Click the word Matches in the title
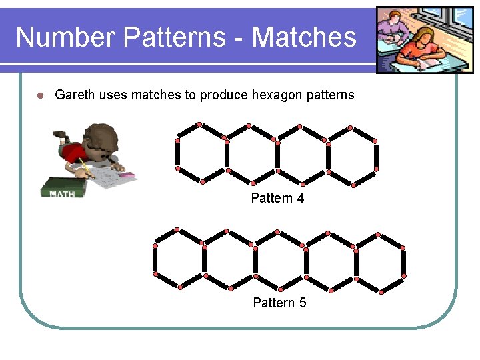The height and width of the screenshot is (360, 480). tap(304, 37)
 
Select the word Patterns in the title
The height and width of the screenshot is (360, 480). tap(175, 37)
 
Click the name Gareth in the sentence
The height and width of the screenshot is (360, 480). tap(75, 95)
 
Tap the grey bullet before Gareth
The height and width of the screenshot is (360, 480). tap(40, 95)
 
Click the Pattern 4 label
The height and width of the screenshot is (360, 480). tap(277, 198)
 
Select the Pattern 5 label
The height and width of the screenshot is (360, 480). tap(279, 303)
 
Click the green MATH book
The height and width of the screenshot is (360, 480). tap(65, 188)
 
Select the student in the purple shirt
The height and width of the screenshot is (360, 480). tap(393, 28)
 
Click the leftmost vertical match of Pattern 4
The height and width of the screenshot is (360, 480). tap(177, 155)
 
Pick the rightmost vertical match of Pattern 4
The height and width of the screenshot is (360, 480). tap(376, 155)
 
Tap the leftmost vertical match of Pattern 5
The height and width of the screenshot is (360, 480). tap(155, 260)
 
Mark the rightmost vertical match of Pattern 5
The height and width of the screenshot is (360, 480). tap(404, 260)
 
